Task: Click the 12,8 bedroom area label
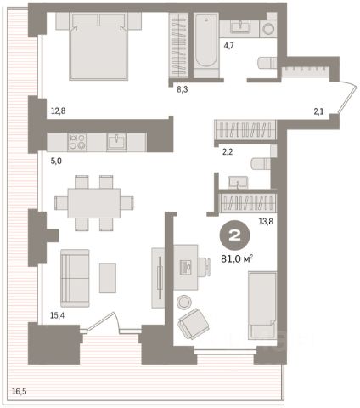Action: [58, 110]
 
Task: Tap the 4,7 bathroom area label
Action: [228, 45]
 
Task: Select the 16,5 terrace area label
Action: [19, 392]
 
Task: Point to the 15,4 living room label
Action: [57, 315]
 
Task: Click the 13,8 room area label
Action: [266, 221]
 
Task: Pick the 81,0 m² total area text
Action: [237, 259]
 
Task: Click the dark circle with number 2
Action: [234, 235]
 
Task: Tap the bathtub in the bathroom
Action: [206, 41]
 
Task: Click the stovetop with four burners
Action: [77, 142]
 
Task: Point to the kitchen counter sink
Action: [116, 142]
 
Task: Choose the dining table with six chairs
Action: [94, 203]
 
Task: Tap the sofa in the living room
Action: [75, 278]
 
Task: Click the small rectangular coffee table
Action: [108, 278]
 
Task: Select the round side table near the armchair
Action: [184, 302]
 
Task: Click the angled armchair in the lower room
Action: [194, 324]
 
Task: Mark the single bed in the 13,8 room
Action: [262, 305]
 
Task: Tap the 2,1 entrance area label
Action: [318, 111]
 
